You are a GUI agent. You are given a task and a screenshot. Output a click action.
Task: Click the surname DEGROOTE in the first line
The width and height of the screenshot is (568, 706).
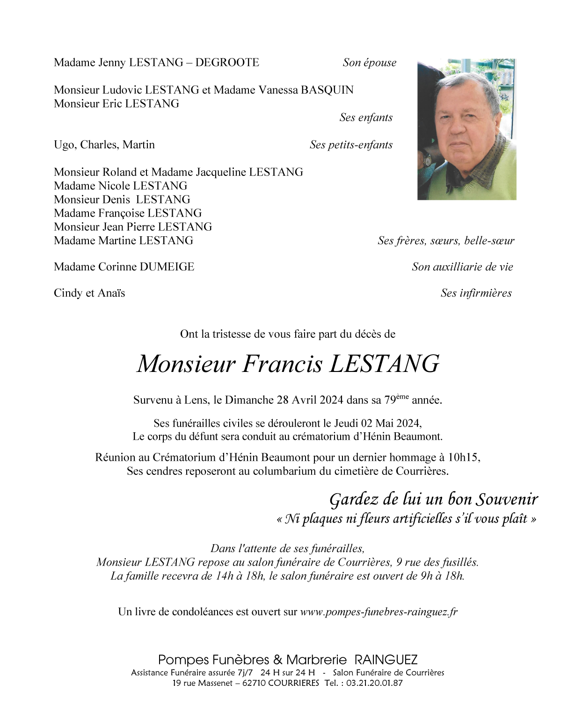(x=227, y=63)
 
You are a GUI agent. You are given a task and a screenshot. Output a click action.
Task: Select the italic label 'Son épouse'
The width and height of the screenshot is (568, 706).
(x=369, y=63)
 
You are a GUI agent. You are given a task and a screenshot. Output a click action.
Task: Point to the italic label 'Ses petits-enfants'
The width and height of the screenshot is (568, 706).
(x=351, y=145)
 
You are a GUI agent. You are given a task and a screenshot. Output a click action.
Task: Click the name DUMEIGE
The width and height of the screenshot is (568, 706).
(x=167, y=267)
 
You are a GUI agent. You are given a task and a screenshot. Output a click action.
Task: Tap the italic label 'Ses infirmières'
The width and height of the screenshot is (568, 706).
(x=476, y=293)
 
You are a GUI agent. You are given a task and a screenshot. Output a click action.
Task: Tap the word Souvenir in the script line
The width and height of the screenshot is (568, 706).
(x=507, y=499)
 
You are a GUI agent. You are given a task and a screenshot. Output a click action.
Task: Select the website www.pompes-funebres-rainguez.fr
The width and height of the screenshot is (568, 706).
(x=379, y=612)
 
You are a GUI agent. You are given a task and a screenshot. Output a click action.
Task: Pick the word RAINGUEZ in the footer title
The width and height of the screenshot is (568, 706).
(x=386, y=660)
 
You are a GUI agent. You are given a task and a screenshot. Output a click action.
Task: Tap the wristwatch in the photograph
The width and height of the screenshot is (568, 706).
(x=427, y=160)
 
